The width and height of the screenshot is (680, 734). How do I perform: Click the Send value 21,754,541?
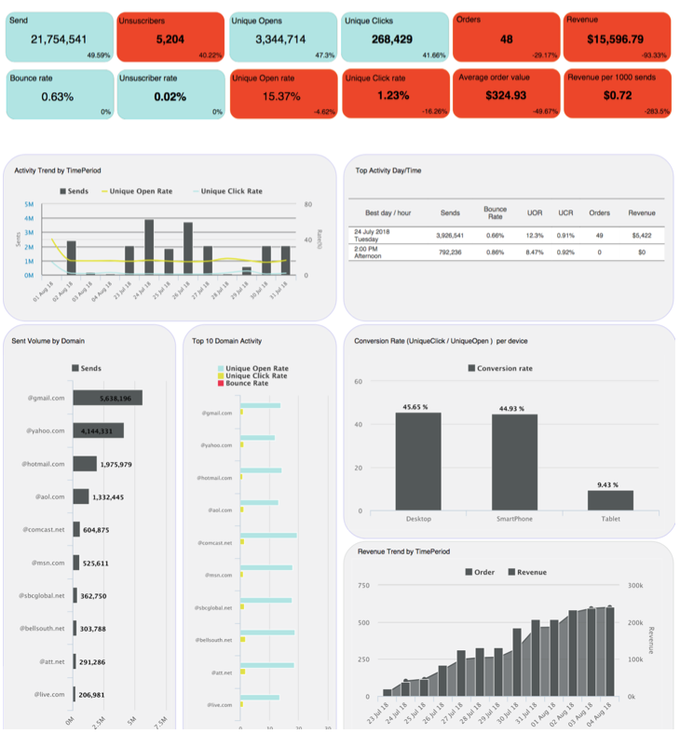pos(59,39)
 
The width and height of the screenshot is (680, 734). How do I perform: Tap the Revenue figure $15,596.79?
pos(616,39)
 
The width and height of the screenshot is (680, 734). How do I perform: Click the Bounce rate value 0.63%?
pos(58,96)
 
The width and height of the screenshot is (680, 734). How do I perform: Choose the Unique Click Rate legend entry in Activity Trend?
pos(232,191)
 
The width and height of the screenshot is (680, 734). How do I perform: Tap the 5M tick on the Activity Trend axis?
pos(29,204)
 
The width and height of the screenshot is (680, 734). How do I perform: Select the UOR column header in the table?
pos(535,213)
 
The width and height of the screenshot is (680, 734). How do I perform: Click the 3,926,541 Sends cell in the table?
pos(450,236)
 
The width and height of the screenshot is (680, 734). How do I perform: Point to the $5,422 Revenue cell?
pos(642,236)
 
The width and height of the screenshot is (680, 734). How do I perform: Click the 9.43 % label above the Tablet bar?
pos(610,484)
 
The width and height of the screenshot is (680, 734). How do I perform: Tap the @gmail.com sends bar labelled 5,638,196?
pos(107,399)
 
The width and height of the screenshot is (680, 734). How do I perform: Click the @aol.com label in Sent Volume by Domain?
pos(49,496)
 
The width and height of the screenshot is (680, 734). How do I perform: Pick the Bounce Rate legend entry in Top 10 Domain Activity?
pos(247,383)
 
